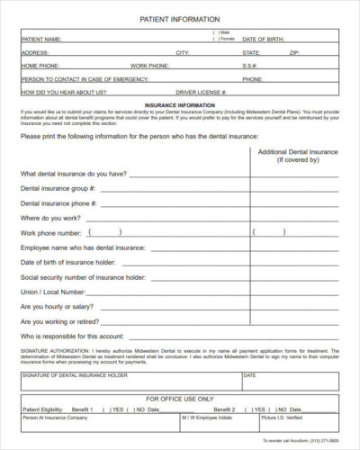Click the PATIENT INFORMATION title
180,18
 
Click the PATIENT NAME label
41,40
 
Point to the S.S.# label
249,66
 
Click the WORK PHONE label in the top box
150,66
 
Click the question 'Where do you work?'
50,218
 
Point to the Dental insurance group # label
70,189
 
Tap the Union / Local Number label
53,292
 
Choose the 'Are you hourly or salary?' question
65,306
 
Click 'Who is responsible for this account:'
78,336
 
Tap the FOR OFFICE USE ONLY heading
180,398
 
